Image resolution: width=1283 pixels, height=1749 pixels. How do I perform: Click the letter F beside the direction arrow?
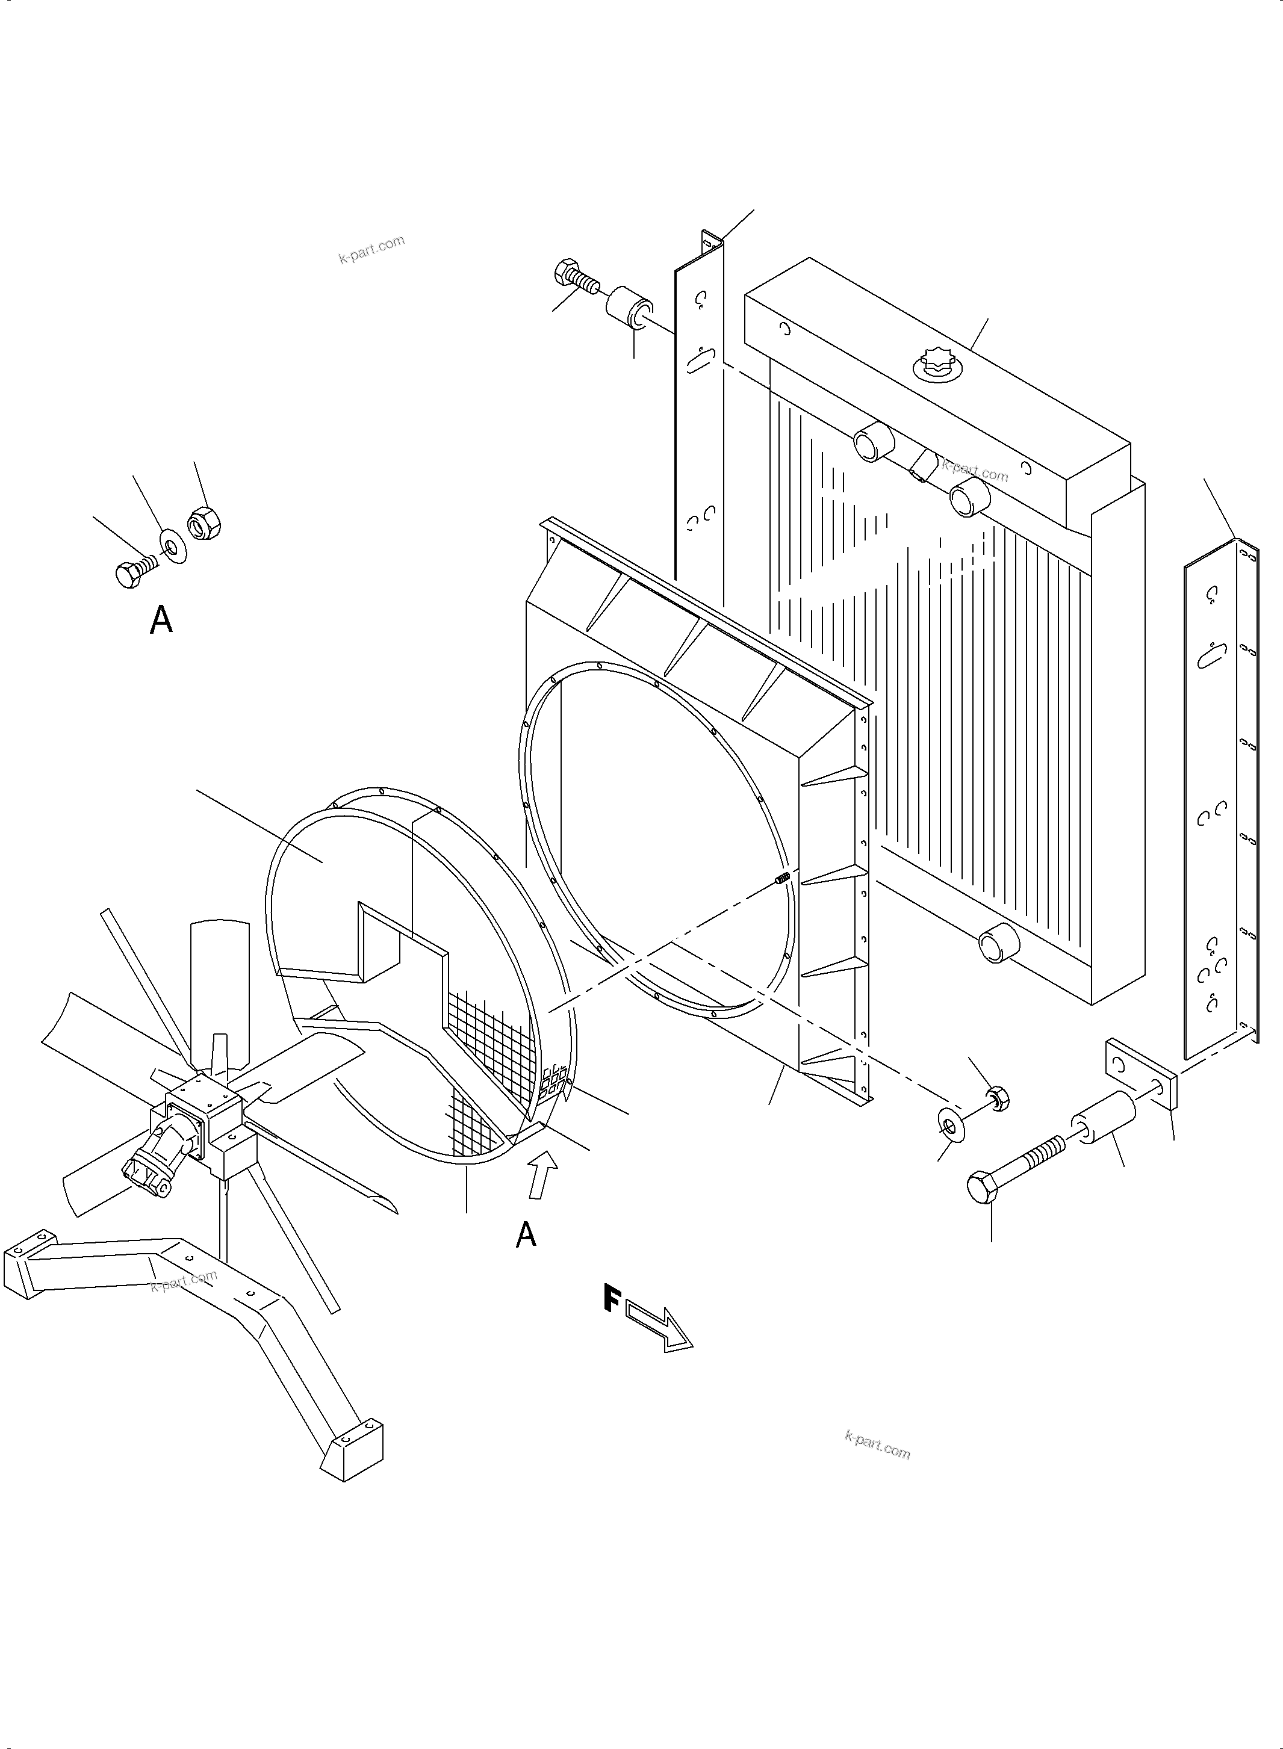pos(612,1299)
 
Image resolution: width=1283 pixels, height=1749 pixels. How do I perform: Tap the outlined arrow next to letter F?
pos(659,1328)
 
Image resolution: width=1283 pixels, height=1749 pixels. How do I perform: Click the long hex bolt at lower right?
pos(1010,1169)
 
